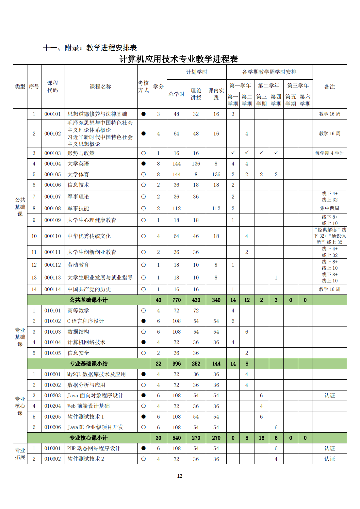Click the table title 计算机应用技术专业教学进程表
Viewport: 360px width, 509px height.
pyautogui.click(x=178, y=59)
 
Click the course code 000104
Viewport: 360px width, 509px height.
pyautogui.click(x=53, y=164)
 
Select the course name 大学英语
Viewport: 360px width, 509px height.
pyautogui.click(x=78, y=164)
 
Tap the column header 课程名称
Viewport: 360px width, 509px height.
pyautogui.click(x=101, y=87)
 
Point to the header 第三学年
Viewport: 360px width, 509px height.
pyautogui.click(x=298, y=86)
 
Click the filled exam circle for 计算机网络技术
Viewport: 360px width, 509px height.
pyautogui.click(x=143, y=342)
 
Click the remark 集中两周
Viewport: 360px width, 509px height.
pyautogui.click(x=330, y=208)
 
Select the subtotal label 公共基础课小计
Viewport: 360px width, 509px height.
pyautogui.click(x=89, y=300)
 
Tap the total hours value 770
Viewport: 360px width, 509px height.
pyautogui.click(x=176, y=300)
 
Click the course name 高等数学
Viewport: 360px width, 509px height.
pyautogui.click(x=78, y=310)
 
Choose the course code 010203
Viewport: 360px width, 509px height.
pyautogui.click(x=53, y=395)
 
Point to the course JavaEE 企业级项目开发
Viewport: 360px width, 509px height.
pyautogui.click(x=95, y=427)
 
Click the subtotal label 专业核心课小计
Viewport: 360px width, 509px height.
pyautogui.click(x=89, y=438)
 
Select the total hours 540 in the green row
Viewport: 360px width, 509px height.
pyautogui.click(x=176, y=438)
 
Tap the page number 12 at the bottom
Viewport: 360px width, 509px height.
pyautogui.click(x=180, y=476)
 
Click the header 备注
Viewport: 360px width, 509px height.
pyautogui.click(x=330, y=87)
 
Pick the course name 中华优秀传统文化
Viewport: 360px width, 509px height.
pyautogui.click(x=89, y=236)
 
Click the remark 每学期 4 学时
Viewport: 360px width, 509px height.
pyautogui.click(x=330, y=153)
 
